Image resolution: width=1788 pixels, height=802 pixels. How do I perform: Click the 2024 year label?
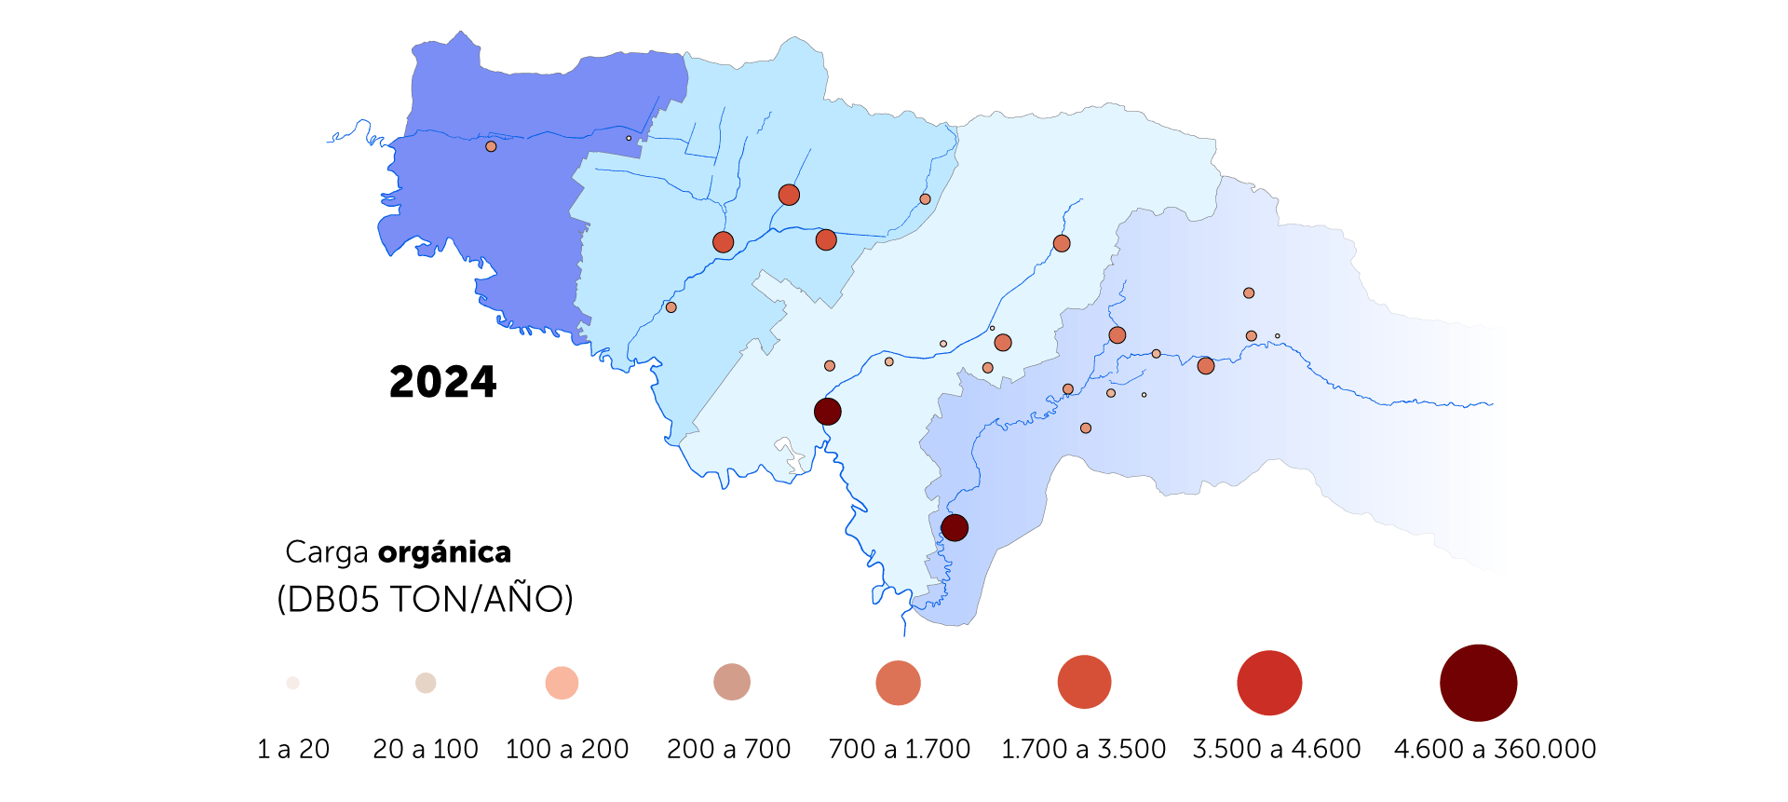(x=442, y=382)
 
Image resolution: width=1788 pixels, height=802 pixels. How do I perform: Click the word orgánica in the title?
(x=444, y=552)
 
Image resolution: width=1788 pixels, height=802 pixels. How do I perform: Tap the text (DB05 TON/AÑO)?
(x=425, y=599)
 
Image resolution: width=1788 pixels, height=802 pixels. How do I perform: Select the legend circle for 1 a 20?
(x=292, y=683)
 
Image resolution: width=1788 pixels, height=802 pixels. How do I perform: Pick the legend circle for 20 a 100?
(x=426, y=683)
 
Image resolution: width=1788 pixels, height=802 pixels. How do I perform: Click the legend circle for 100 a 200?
(x=562, y=683)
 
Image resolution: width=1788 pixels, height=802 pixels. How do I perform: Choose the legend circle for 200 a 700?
(x=732, y=682)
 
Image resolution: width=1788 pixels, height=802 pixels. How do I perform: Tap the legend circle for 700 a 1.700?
(x=898, y=683)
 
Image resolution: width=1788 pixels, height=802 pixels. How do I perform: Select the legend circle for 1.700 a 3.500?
(x=1084, y=682)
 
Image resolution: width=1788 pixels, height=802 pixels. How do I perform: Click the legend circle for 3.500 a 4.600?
(x=1269, y=683)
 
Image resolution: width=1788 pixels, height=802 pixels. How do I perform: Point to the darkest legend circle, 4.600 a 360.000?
(x=1478, y=683)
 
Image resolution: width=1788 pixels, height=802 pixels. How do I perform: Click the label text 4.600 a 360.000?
(x=1495, y=749)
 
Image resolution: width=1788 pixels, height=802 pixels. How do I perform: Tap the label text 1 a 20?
(x=293, y=749)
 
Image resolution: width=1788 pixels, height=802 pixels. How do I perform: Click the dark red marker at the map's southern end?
(x=955, y=527)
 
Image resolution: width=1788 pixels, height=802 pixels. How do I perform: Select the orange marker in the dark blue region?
(x=491, y=146)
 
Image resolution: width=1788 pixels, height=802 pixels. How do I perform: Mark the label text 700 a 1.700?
(x=899, y=749)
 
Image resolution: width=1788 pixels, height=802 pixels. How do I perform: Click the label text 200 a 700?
(x=728, y=749)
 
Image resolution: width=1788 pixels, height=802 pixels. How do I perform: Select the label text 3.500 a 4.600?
(x=1276, y=749)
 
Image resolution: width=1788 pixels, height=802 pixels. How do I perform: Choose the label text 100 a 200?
(x=566, y=749)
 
